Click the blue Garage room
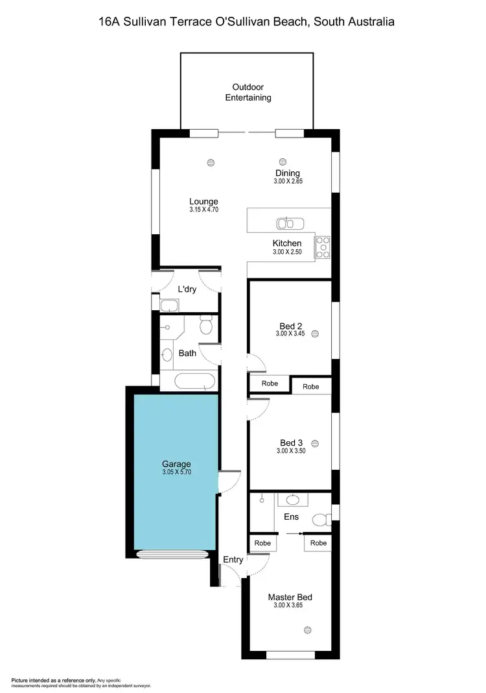click(x=175, y=493)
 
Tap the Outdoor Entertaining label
click(x=248, y=92)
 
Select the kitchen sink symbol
click(x=290, y=224)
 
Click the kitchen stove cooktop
click(x=323, y=247)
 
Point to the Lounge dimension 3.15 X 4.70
click(x=203, y=210)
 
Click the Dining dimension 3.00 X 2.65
click(x=287, y=182)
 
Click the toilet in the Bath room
click(x=206, y=324)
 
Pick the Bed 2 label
click(x=290, y=326)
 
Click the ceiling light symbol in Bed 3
click(x=315, y=443)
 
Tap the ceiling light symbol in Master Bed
click(x=307, y=629)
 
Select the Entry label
click(x=233, y=559)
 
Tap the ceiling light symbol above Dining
click(x=283, y=162)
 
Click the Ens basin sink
click(x=292, y=500)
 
